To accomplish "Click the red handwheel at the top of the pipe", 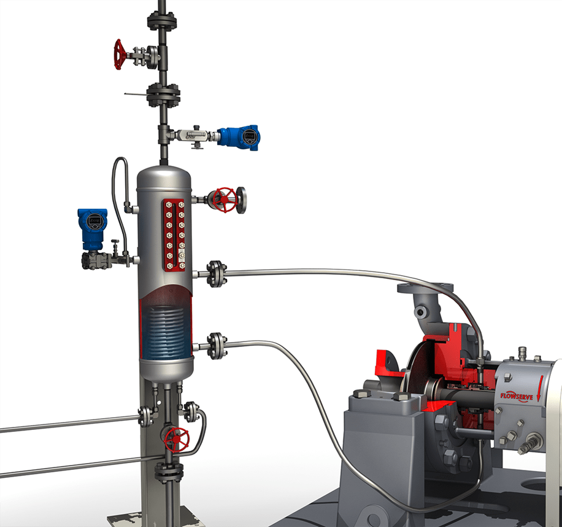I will click(x=120, y=54).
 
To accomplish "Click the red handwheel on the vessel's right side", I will click(x=229, y=199).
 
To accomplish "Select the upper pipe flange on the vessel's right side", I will click(x=215, y=274).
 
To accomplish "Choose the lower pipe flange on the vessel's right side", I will click(x=216, y=345).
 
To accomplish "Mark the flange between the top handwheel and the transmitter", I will click(x=163, y=95).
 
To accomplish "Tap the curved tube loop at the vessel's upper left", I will click(x=118, y=184).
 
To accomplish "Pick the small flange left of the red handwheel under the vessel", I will click(x=145, y=416).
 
